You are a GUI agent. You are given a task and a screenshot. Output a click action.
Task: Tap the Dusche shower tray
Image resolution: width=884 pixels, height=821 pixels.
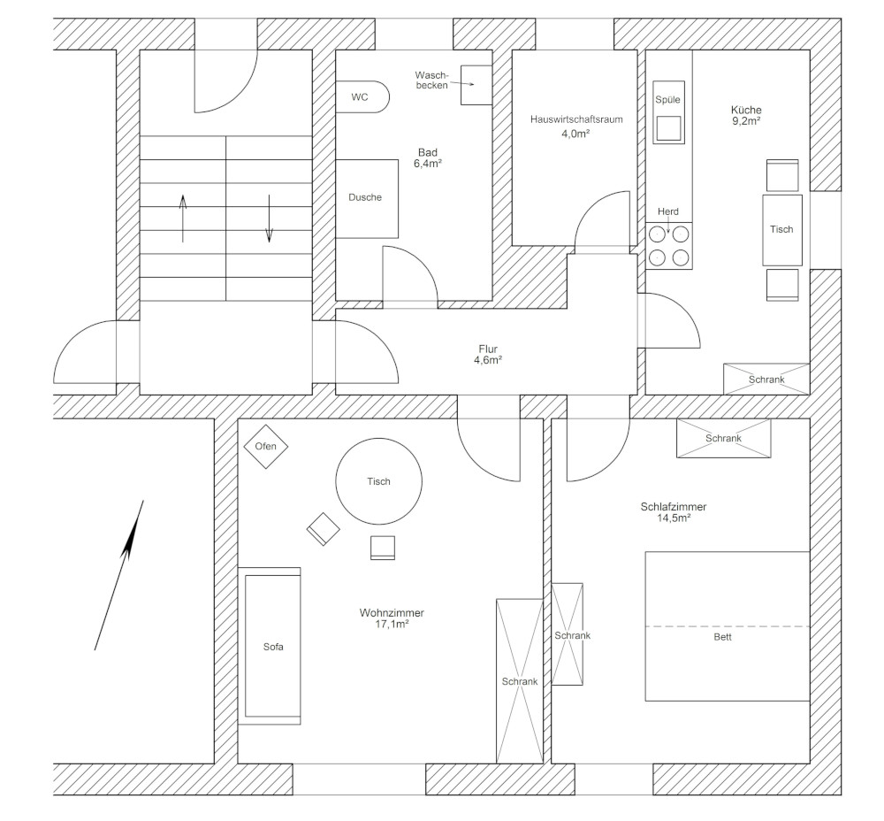click(367, 198)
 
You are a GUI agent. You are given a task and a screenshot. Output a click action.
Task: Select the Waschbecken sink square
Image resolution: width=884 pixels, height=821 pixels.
click(476, 85)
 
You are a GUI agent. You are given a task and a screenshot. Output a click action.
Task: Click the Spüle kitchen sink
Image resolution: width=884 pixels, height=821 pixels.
click(668, 112)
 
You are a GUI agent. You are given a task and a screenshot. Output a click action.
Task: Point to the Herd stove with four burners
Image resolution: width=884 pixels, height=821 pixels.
click(668, 246)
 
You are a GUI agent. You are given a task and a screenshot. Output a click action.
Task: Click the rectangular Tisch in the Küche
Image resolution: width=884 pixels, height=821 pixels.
click(782, 230)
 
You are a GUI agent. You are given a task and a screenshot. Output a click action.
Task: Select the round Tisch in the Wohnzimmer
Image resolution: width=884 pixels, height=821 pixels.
click(379, 481)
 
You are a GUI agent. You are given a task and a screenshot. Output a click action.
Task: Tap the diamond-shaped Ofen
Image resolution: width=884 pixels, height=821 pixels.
click(265, 447)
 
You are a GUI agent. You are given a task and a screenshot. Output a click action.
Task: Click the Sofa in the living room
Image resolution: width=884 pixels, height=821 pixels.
click(273, 646)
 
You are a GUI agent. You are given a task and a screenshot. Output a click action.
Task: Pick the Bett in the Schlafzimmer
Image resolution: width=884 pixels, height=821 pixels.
click(728, 626)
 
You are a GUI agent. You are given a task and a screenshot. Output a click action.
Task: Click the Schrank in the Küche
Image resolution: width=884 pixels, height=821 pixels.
click(766, 379)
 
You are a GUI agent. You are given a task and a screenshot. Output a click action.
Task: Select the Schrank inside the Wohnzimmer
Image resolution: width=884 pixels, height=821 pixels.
click(519, 681)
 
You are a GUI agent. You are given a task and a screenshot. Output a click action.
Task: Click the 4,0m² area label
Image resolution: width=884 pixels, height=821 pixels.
click(575, 134)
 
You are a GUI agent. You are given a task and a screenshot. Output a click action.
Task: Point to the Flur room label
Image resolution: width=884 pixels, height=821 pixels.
click(488, 349)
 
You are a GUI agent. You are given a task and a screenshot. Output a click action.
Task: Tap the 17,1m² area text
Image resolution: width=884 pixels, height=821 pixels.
click(392, 624)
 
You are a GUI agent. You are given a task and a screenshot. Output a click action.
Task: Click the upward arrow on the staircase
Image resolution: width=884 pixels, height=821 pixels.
click(183, 219)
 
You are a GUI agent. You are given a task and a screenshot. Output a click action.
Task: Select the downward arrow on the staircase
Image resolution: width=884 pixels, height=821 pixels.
click(269, 219)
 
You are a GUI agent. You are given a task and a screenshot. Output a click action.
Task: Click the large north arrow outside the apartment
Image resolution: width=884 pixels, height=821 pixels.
click(119, 575)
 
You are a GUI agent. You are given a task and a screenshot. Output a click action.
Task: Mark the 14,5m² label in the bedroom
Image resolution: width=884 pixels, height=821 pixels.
click(674, 518)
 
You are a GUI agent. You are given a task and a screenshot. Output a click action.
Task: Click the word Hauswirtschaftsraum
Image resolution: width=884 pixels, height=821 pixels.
click(576, 119)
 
